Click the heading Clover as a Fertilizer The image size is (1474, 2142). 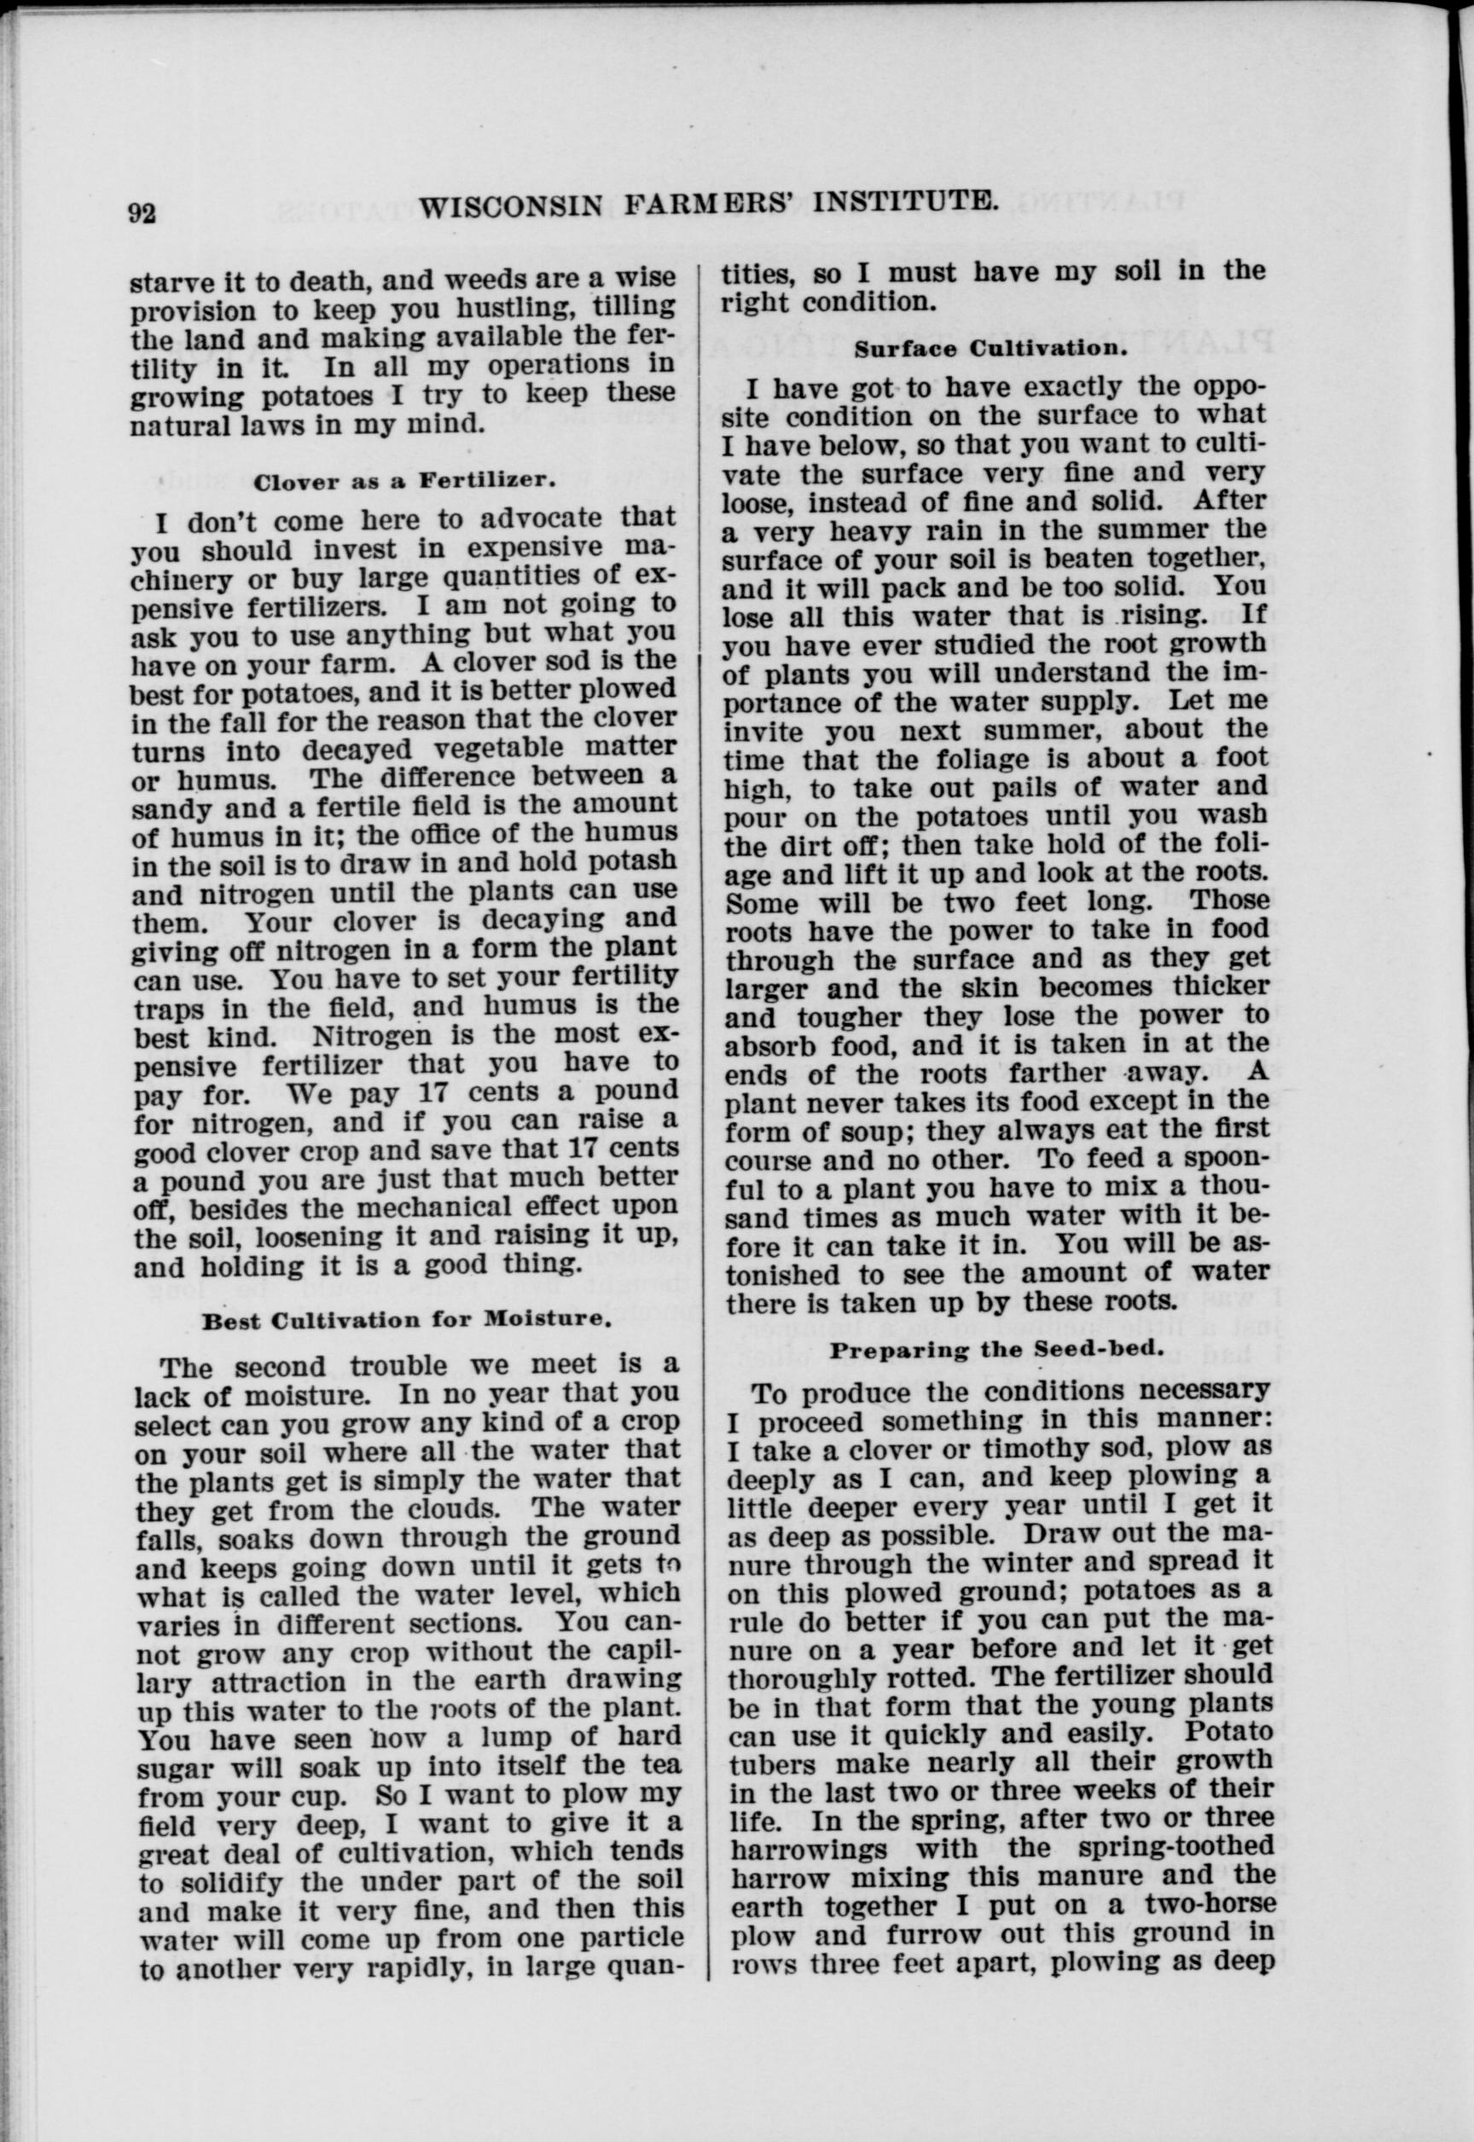click(403, 480)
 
